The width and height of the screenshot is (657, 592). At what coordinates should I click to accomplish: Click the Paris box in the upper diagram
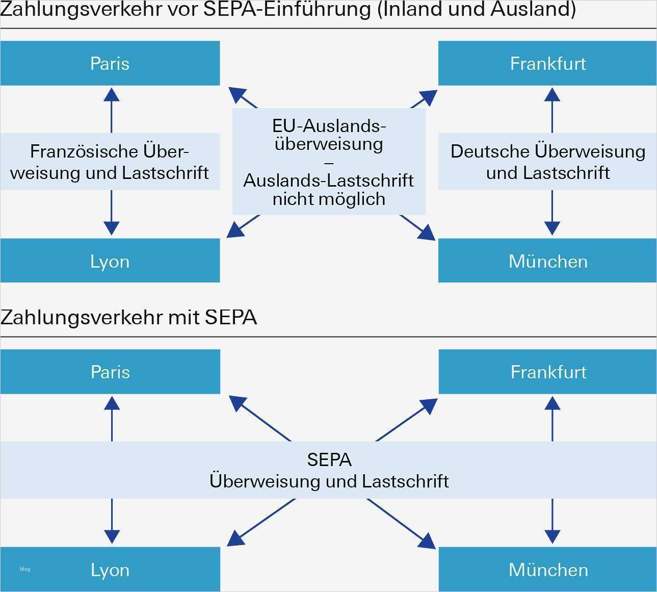pyautogui.click(x=110, y=63)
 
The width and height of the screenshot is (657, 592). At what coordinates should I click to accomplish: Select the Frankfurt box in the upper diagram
pyautogui.click(x=547, y=63)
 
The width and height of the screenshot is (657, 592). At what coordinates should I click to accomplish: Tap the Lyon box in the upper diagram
pyautogui.click(x=110, y=261)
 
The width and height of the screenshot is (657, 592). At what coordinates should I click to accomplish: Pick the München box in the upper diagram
pyautogui.click(x=547, y=261)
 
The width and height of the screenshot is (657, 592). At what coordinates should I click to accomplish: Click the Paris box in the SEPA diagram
pyautogui.click(x=110, y=372)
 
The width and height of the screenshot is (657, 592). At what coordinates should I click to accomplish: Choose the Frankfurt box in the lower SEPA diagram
pyautogui.click(x=547, y=372)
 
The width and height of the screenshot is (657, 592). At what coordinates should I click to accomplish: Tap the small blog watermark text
pyautogui.click(x=25, y=569)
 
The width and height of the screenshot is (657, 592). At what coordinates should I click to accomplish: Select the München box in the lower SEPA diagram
pyautogui.click(x=547, y=569)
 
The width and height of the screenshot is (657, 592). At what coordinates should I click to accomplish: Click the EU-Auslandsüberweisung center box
pyautogui.click(x=329, y=161)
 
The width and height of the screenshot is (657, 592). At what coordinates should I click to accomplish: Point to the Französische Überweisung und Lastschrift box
pyautogui.click(x=110, y=162)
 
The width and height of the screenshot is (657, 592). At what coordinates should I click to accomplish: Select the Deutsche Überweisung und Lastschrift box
pyautogui.click(x=547, y=162)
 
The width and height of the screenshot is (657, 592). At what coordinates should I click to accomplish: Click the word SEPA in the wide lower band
pyautogui.click(x=329, y=460)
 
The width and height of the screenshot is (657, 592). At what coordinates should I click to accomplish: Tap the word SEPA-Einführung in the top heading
pyautogui.click(x=287, y=9)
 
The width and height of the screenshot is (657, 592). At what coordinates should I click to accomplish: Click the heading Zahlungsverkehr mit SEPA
pyautogui.click(x=128, y=317)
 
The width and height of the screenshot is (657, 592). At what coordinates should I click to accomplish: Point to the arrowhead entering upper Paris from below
pyautogui.click(x=111, y=94)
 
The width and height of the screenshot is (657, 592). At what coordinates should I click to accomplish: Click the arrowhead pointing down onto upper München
pyautogui.click(x=552, y=228)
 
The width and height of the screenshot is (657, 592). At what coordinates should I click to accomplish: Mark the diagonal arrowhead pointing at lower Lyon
pyautogui.click(x=234, y=539)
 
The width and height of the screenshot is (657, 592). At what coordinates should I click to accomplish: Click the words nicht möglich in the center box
pyautogui.click(x=329, y=199)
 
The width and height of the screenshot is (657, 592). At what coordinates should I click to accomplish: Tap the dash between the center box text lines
pyautogui.click(x=329, y=163)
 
